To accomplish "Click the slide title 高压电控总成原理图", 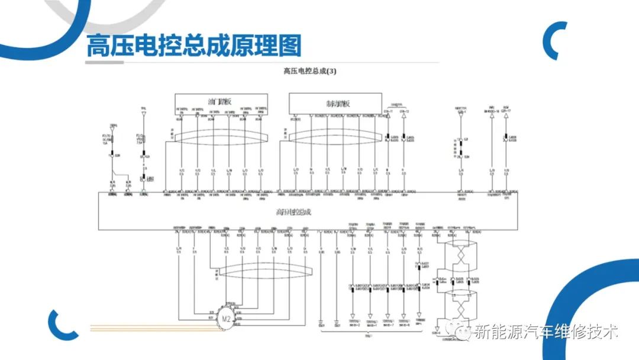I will click(194, 46).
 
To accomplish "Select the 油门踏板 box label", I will click(220, 102).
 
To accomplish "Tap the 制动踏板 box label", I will click(338, 103).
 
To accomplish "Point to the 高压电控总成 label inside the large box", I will click(293, 211).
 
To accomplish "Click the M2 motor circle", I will click(225, 319).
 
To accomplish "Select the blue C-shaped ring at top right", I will click(556, 40).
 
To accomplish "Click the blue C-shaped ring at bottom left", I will click(62, 324).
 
